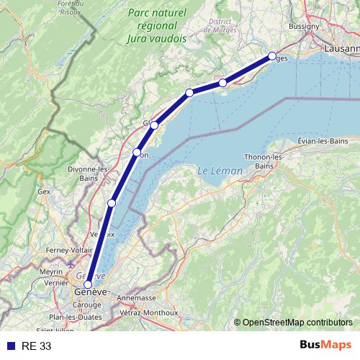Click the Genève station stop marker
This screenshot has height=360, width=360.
click(88, 284)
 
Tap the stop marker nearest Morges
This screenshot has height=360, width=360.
click(272, 56)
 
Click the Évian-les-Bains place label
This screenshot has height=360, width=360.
click(318, 142)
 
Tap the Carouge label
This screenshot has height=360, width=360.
click(89, 305)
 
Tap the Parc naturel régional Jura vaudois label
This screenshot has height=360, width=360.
click(156, 26)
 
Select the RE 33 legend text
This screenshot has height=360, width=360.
click(37, 346)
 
